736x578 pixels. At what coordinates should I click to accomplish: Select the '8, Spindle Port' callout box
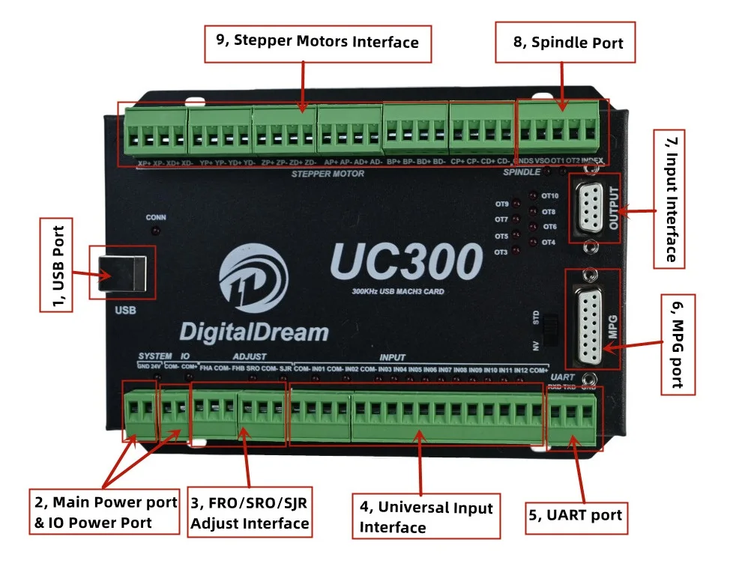[x=568, y=43]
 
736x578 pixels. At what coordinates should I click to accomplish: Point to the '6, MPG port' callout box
[x=678, y=342]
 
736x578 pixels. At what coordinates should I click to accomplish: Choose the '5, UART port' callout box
[x=575, y=515]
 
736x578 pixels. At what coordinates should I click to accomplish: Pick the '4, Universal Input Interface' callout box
[x=426, y=517]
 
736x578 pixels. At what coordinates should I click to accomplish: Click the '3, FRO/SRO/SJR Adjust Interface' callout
[x=250, y=513]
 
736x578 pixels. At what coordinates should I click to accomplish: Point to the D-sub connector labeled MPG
[x=594, y=320]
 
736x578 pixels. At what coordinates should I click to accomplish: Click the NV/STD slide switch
[x=552, y=329]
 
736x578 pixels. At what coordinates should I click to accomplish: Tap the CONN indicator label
[x=156, y=218]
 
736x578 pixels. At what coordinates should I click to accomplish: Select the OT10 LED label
[x=549, y=196]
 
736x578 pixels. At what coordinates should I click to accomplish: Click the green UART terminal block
[x=573, y=419]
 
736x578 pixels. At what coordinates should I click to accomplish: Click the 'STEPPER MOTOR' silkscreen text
[x=328, y=174]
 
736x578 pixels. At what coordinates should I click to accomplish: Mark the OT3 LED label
[x=501, y=252]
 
